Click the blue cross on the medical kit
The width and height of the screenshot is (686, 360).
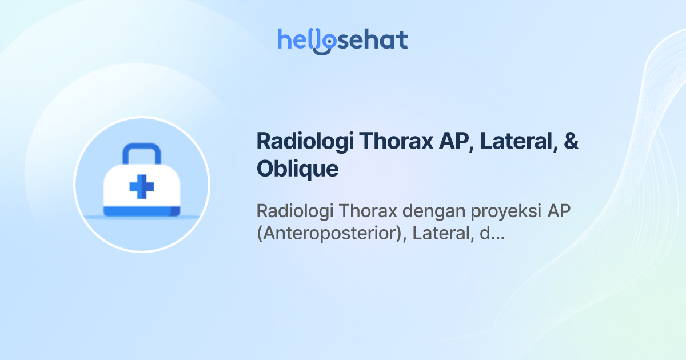(x=141, y=187)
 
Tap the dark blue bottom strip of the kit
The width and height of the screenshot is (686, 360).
(x=141, y=213)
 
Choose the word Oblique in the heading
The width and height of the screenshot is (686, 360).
(x=297, y=169)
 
